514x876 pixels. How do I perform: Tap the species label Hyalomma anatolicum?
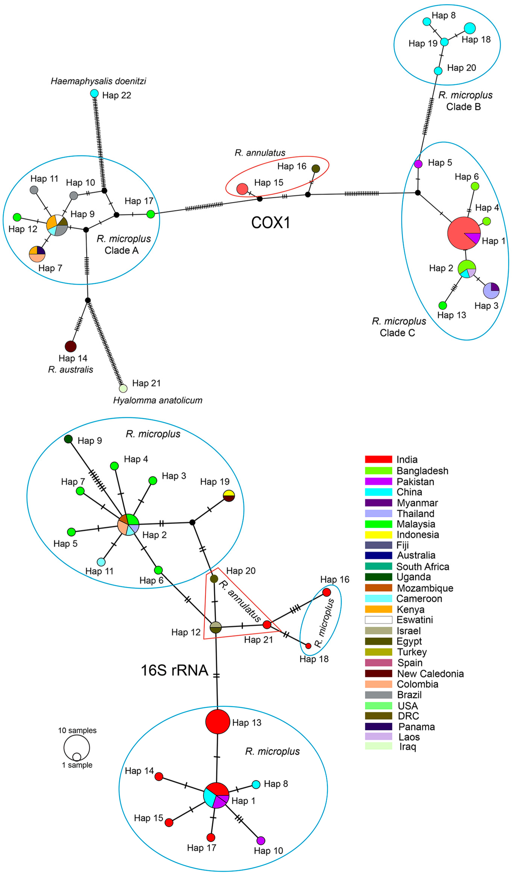pos(158,400)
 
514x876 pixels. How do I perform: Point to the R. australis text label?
pos(71,370)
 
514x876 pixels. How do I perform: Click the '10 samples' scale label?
pos(77,730)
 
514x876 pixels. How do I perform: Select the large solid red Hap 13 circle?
pos(217,722)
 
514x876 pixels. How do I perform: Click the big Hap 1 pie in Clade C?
pos(464,233)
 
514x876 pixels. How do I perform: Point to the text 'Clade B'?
pos(463,107)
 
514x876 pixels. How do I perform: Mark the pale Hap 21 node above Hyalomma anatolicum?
pos(123,388)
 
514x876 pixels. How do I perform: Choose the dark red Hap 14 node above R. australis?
pos(71,347)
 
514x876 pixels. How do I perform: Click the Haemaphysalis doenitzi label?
pos(98,81)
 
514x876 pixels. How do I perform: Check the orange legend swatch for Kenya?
pos(378,609)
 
